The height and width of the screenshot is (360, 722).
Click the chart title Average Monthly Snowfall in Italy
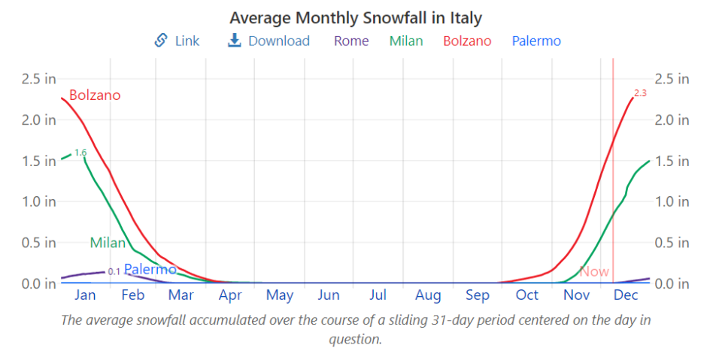click(356, 17)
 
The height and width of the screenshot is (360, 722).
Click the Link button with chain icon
click(177, 41)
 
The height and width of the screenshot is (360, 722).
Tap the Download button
click(268, 41)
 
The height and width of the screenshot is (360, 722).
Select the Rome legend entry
click(351, 41)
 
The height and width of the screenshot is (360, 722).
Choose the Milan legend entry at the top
click(406, 41)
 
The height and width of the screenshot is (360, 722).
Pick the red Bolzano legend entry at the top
click(467, 41)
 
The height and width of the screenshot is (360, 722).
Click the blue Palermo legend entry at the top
click(536, 41)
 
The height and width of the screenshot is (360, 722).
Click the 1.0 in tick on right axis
click(672, 201)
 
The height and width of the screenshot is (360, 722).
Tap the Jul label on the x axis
click(378, 295)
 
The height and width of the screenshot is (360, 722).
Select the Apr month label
click(230, 295)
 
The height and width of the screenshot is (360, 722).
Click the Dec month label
click(626, 295)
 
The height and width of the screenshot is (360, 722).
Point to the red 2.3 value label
click(640, 93)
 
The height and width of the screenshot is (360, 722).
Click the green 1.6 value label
click(80, 153)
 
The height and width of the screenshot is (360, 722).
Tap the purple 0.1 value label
click(114, 271)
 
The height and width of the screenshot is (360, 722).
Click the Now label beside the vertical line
click(594, 271)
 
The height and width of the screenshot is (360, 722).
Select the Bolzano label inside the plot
click(95, 95)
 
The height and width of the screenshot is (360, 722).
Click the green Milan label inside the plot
click(108, 243)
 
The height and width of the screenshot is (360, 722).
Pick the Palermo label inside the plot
click(150, 269)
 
